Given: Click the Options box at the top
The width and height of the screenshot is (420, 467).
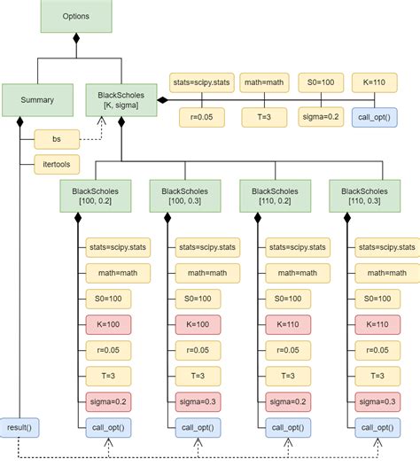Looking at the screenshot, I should point(76,17).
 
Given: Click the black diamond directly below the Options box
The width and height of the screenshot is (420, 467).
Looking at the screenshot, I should point(76,39).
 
